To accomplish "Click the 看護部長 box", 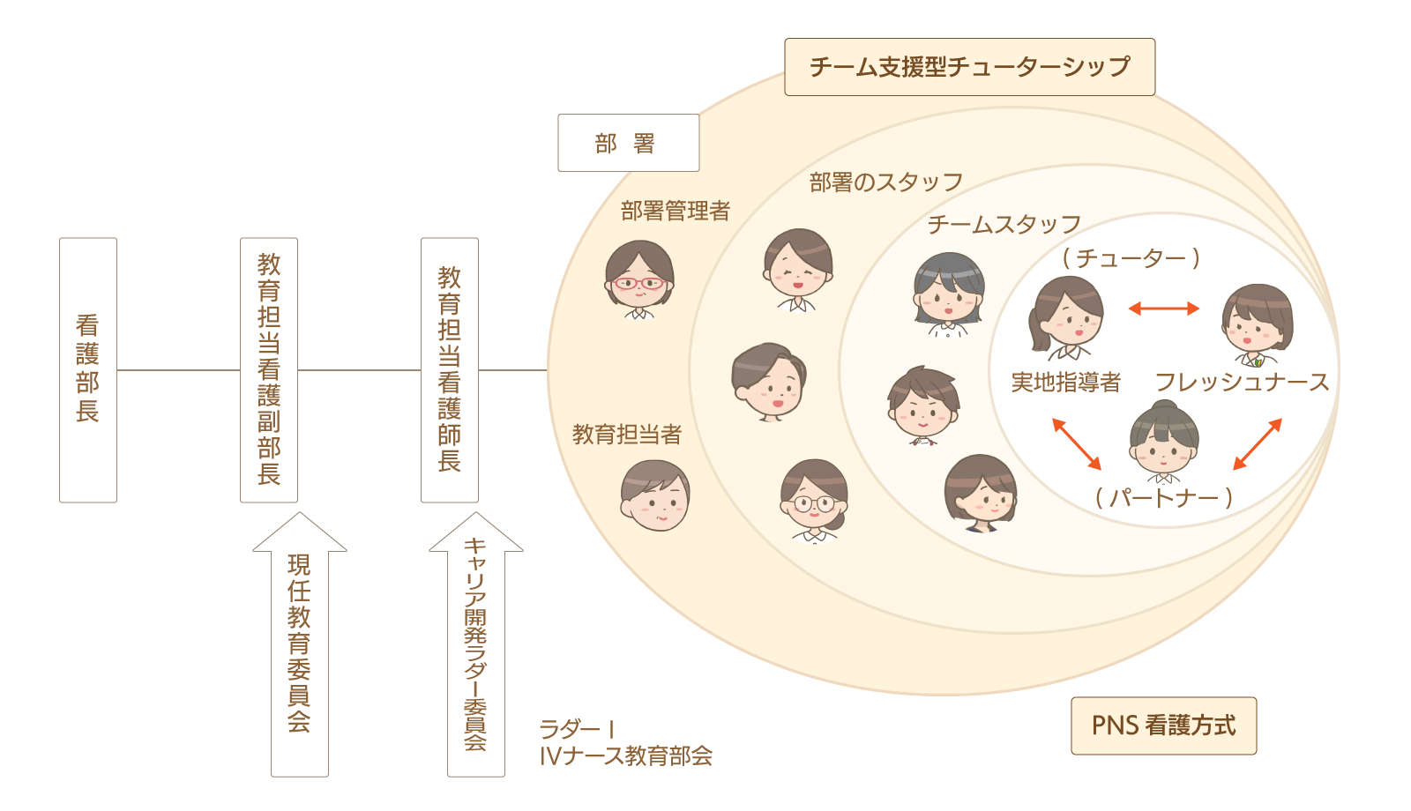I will point(87,369).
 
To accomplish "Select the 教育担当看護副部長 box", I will point(268,369).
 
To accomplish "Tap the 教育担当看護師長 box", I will point(449,369).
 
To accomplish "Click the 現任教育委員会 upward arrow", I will point(299,644).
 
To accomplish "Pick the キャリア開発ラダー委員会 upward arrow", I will point(475,644).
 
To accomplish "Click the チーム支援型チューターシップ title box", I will point(969,67).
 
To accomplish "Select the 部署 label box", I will point(628,143).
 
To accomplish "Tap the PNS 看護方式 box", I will point(1163,725).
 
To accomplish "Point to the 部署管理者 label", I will point(676,212).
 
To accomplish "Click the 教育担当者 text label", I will point(627,435).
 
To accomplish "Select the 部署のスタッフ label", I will point(885,182).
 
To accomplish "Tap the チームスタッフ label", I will point(1004,225).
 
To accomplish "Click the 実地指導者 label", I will point(1065,383).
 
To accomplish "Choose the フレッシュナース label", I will point(1242,383).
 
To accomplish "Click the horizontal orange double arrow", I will point(1164,309).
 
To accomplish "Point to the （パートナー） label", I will point(1163,498).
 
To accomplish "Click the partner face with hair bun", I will point(1163,439).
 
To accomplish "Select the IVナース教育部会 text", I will point(626,756).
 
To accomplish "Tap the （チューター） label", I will point(1131,258).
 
